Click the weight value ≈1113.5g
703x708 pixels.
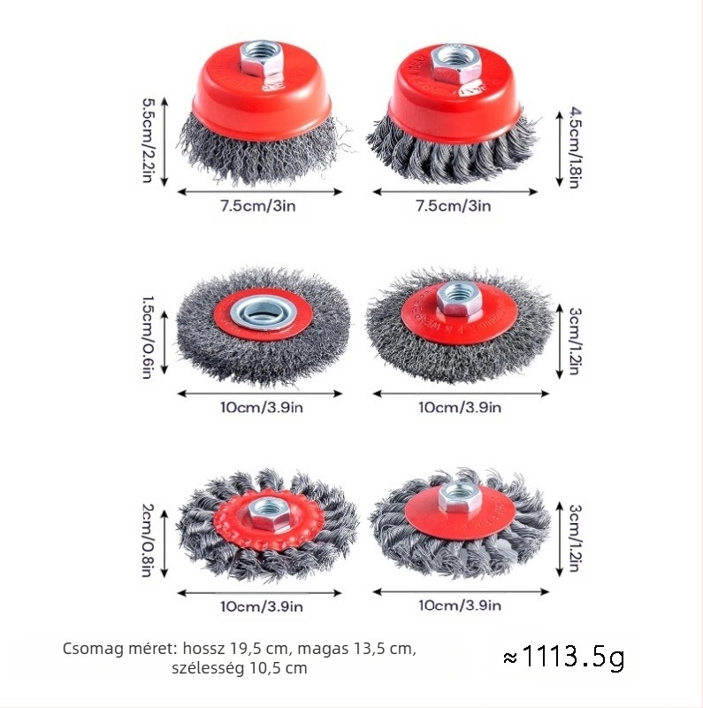[x=563, y=658]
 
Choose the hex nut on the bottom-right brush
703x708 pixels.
[x=459, y=498]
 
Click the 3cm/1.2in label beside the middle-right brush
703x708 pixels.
[x=574, y=341]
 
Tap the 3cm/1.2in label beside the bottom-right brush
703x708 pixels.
[x=574, y=538]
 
